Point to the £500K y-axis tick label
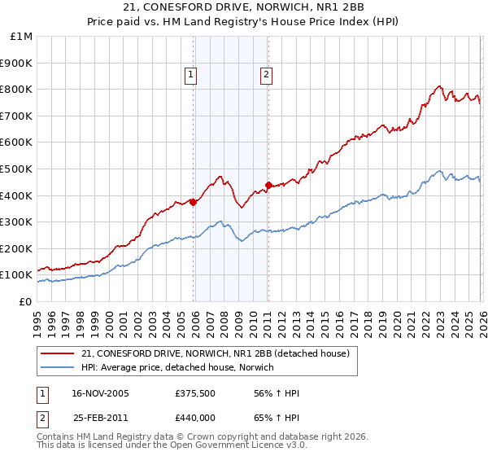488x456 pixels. pos(17,169)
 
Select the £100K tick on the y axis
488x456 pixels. pos(17,274)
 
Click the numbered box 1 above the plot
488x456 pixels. pos(190,75)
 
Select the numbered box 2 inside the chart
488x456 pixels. pos(266,75)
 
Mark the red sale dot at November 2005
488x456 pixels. pos(193,202)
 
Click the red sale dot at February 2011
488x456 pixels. pos(268,185)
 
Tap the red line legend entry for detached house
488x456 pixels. pos(216,353)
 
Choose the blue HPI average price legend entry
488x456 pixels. pos(176,367)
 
